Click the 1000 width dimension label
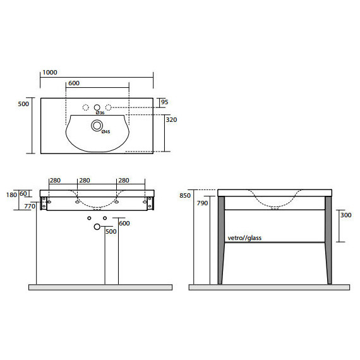click(50, 73)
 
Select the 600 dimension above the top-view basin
click(74, 83)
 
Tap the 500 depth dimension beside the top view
click(23, 104)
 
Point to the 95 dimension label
click(165, 102)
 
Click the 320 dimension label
click(171, 119)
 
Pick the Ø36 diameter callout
click(100, 112)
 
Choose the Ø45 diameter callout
click(106, 131)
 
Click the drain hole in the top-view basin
click(97, 125)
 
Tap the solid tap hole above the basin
click(97, 107)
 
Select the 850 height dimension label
click(185, 196)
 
